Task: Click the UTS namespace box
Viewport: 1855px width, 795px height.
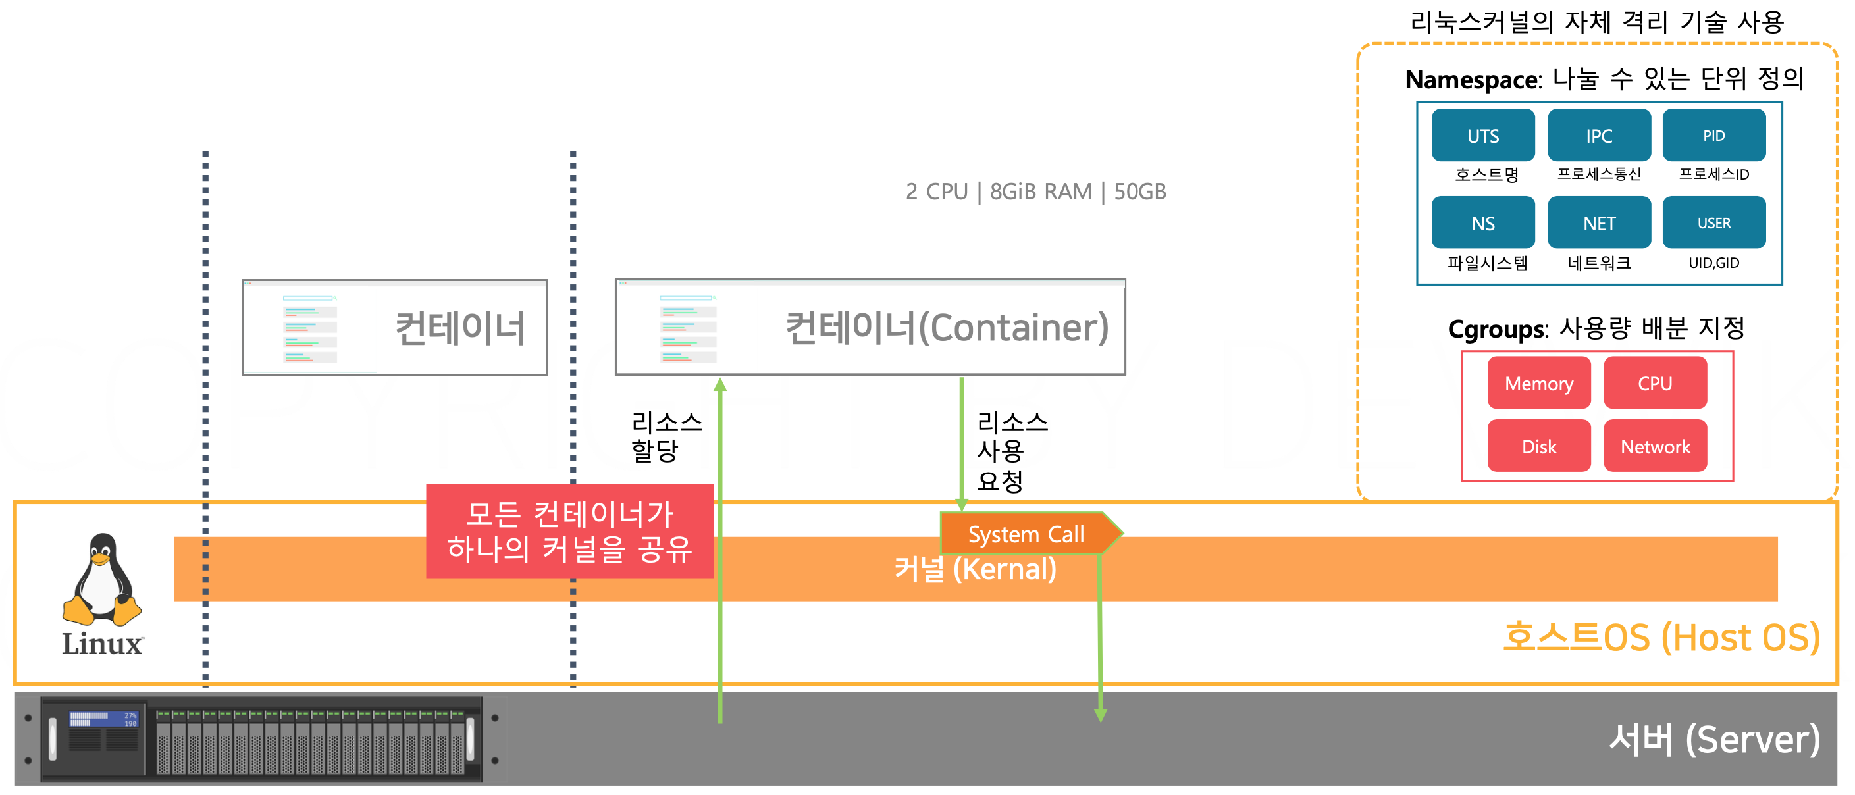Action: [1482, 136]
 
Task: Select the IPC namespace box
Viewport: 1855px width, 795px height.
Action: [1599, 136]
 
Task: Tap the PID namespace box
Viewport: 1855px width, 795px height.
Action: [1714, 136]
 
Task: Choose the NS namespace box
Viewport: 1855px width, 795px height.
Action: [1482, 223]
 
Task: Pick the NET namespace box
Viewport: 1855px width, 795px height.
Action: [1599, 223]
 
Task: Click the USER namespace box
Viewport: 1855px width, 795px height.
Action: [1714, 223]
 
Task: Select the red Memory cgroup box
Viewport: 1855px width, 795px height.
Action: [1539, 383]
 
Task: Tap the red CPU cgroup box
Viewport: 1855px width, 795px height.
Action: [1655, 383]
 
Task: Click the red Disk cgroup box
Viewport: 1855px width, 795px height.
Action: [1539, 446]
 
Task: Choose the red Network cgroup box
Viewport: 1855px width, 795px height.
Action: [1655, 446]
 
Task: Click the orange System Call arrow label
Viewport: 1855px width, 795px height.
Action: [1027, 534]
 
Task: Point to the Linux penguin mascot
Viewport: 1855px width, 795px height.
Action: [102, 580]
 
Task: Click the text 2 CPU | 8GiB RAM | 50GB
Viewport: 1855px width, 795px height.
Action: [1035, 192]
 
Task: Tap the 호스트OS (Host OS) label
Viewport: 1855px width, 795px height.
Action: [1661, 637]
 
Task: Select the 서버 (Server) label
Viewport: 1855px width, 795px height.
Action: [1714, 740]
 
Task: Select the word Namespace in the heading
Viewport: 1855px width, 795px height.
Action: [1471, 80]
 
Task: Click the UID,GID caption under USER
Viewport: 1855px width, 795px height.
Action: [1714, 263]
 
